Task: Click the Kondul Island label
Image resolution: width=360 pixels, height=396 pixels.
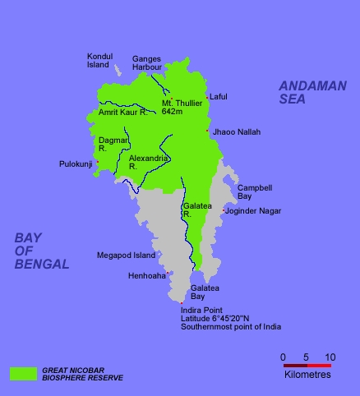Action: pos(98,60)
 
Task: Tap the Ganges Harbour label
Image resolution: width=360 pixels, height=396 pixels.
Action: pos(146,62)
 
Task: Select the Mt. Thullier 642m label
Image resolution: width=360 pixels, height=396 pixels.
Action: pos(178,107)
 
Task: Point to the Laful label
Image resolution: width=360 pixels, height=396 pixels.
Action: pos(219,97)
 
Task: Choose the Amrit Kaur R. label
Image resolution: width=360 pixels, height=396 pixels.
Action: pos(122,112)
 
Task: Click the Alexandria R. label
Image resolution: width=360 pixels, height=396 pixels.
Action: pos(149,161)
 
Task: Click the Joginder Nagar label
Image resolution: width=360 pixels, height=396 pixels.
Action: pos(254,211)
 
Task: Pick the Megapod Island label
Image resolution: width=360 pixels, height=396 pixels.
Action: pos(126,255)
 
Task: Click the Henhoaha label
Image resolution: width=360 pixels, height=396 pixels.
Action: pos(146,275)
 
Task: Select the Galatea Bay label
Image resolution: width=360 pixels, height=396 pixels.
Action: pos(205,292)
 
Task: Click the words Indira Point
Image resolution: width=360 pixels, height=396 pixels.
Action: pos(202,311)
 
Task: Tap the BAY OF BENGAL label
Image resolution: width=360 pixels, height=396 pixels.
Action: pos(42,251)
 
